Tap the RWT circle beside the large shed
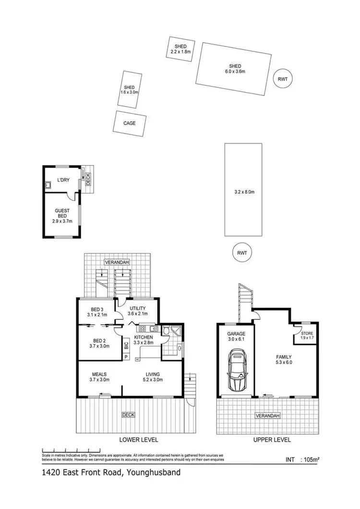pos(283,80)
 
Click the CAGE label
pos(130,123)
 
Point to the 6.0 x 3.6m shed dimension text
pos(235,71)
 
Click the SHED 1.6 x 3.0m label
pos(130,89)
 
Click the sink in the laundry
pos(49,184)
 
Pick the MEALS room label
pos(100,374)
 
